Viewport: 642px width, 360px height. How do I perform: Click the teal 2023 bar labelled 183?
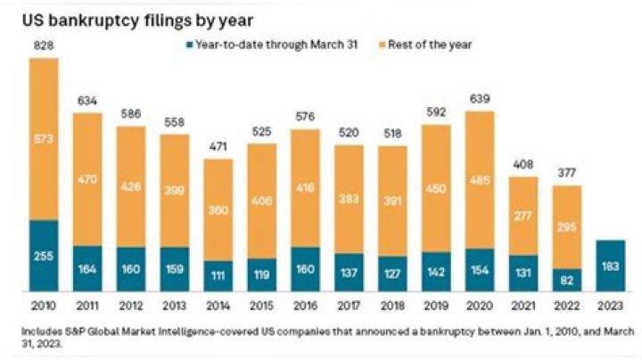(611, 266)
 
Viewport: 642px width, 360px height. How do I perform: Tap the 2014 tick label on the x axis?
(218, 306)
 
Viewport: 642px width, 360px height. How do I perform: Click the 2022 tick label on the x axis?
(567, 306)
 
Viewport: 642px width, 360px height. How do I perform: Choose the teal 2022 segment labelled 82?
(567, 279)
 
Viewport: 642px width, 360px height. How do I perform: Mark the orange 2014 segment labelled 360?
(218, 209)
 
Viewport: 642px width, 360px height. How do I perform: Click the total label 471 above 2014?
(218, 148)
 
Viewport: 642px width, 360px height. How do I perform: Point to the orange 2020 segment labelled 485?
(480, 179)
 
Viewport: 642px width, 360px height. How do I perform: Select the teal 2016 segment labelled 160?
(306, 268)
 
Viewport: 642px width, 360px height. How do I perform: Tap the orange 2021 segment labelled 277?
(523, 216)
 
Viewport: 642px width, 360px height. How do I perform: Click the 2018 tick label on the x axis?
(393, 306)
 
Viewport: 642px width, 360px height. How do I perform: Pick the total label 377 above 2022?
(567, 175)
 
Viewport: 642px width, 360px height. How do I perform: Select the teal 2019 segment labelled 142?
(436, 271)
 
